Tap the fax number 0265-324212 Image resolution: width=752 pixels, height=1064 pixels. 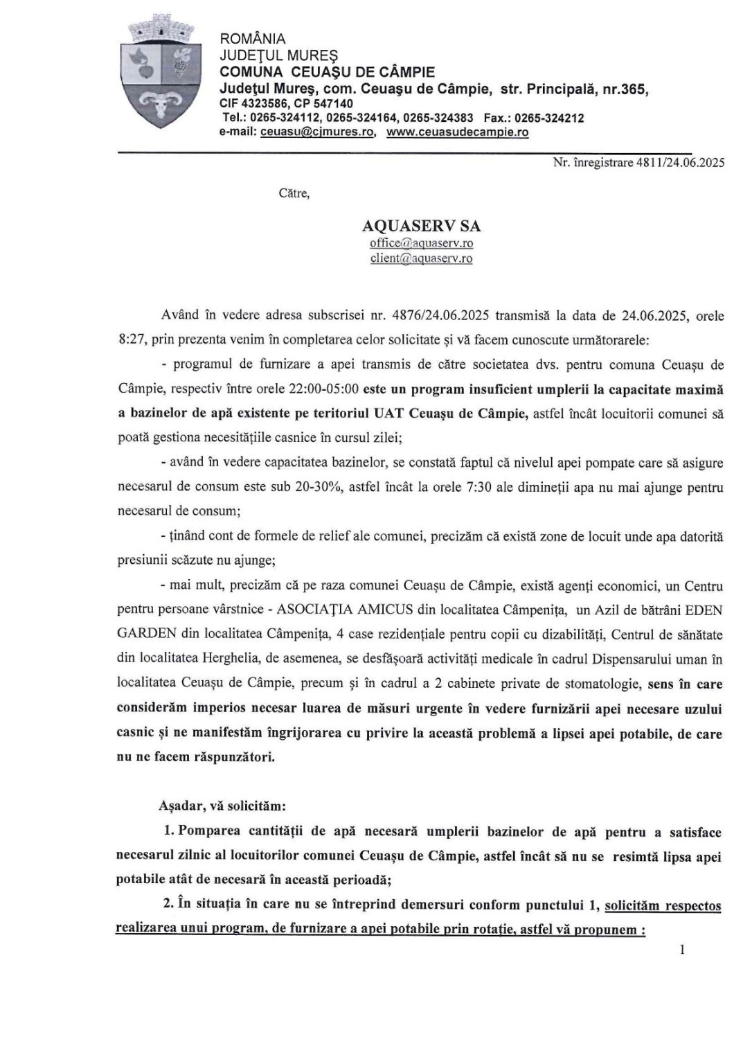tap(550, 118)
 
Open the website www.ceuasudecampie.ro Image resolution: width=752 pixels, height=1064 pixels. tap(458, 132)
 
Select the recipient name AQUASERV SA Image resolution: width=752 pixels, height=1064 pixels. tap(422, 227)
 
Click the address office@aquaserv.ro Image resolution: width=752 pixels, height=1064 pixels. tap(422, 243)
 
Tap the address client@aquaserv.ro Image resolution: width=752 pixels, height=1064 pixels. tap(422, 258)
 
